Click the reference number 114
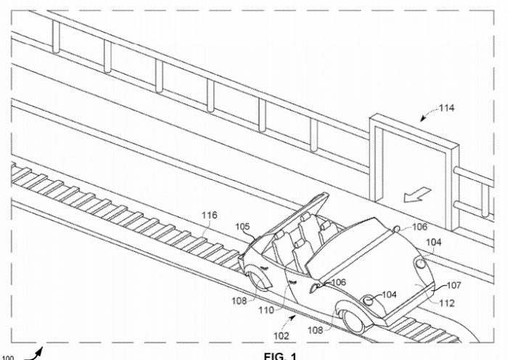coord(447,109)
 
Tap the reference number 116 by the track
coord(210,215)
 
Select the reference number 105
coord(242,226)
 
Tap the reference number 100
coord(8,355)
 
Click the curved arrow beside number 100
coord(33,353)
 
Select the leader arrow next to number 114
coord(427,115)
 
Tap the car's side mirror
coord(317,287)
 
